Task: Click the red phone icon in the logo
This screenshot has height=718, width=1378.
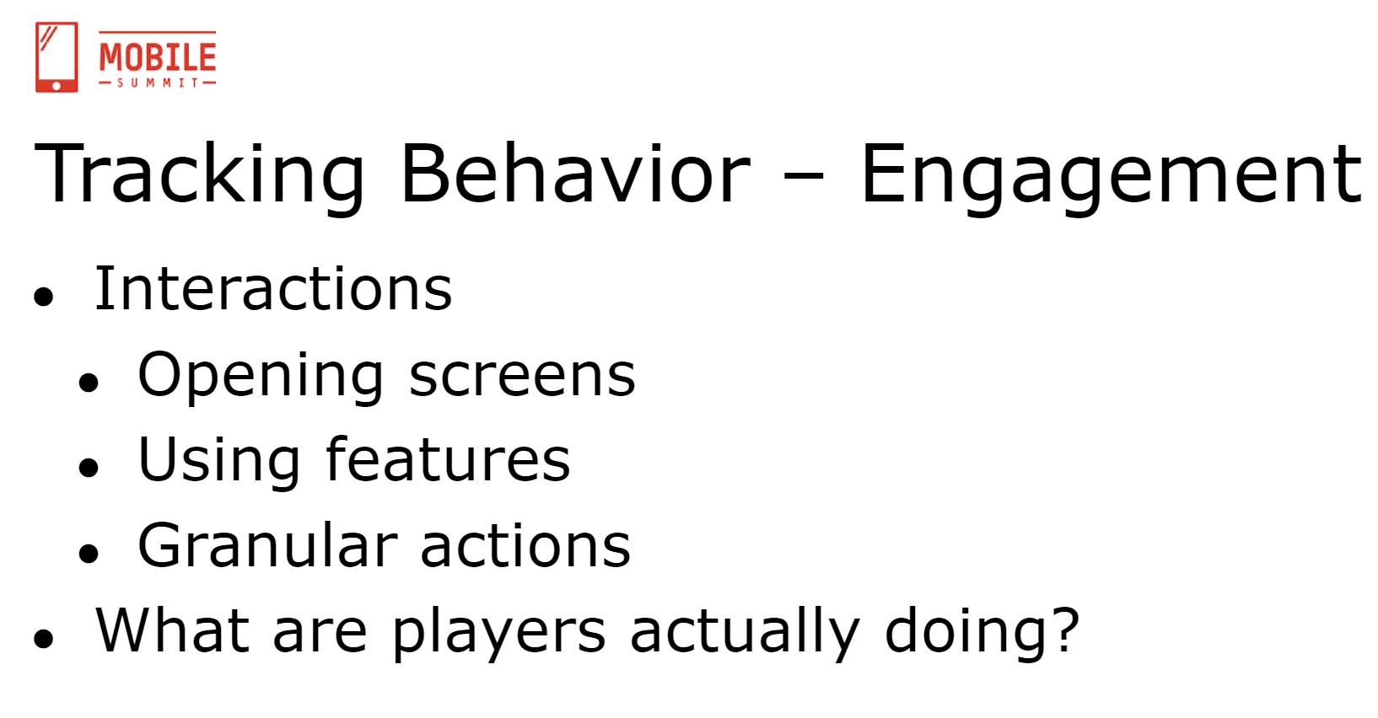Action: point(57,57)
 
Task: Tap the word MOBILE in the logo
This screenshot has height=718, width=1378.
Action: point(158,57)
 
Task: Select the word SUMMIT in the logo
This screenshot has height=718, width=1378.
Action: point(158,83)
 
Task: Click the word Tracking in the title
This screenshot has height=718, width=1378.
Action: point(199,174)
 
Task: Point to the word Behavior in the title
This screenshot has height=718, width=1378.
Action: point(575,173)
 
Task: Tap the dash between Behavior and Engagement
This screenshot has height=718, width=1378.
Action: point(804,174)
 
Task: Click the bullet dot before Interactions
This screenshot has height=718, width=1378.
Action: point(44,297)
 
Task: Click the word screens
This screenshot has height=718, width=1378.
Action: point(522,376)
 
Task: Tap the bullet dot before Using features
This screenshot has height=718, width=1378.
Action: point(89,467)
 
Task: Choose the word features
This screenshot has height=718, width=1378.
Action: point(448,458)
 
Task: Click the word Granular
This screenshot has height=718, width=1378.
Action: point(267,544)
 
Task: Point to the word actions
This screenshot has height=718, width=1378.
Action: point(526,546)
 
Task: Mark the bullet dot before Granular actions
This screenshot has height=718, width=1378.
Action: point(89,553)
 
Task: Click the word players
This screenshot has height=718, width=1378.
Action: point(499,634)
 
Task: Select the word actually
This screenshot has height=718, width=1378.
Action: point(745,634)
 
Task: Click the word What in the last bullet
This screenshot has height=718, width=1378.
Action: point(173,630)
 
